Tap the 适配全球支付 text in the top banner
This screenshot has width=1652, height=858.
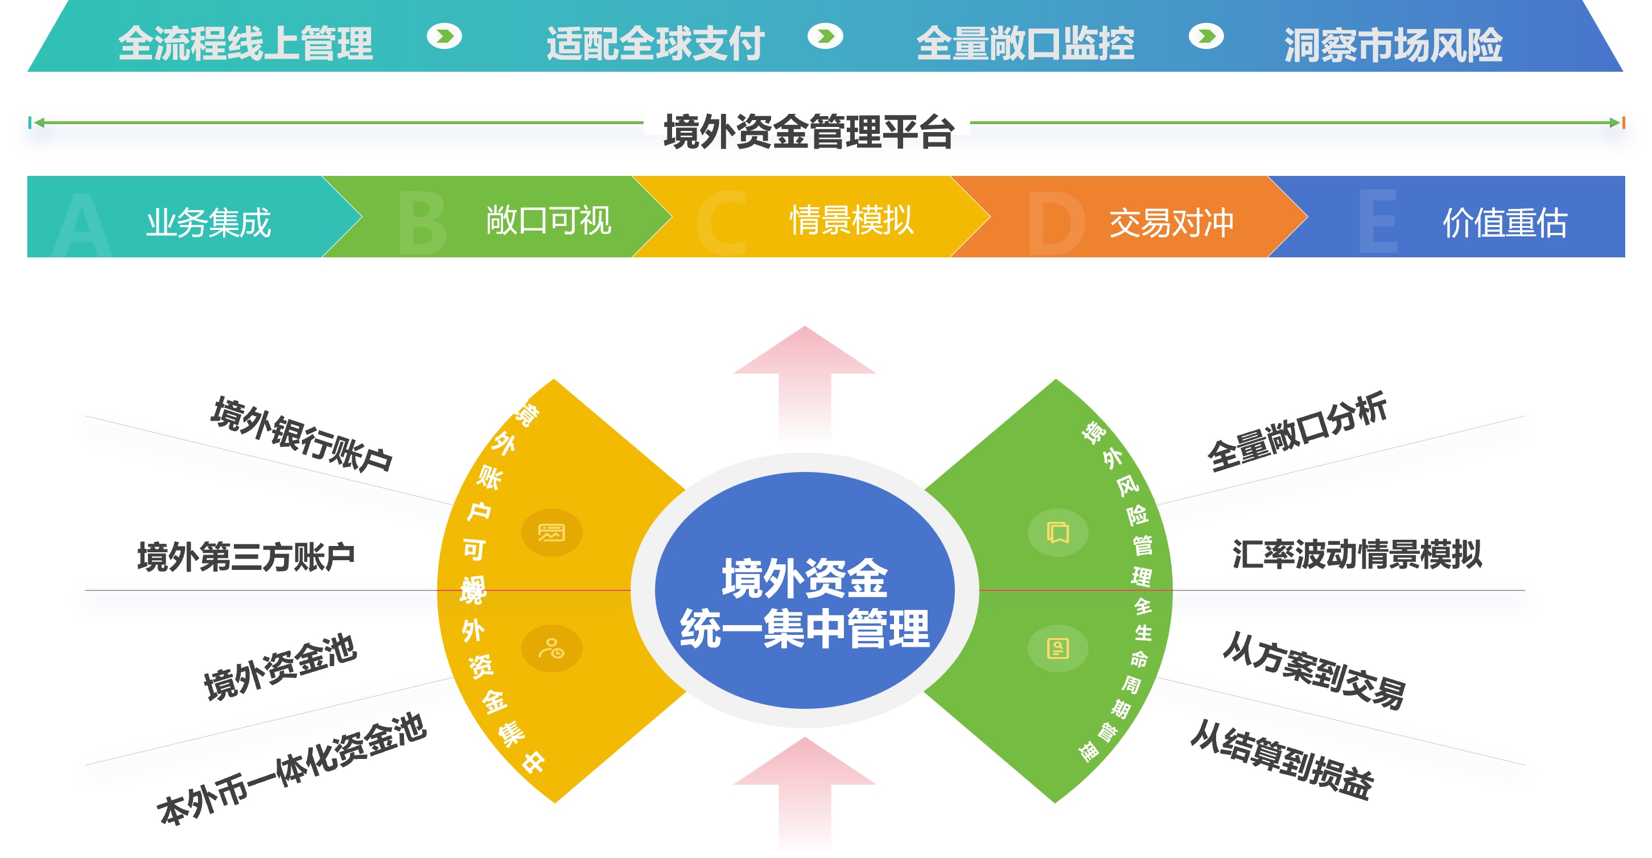(655, 44)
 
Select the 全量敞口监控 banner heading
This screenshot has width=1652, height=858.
(1025, 44)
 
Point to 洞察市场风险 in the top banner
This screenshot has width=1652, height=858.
(1393, 45)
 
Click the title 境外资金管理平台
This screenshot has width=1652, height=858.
(808, 132)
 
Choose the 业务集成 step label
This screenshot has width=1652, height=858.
(208, 223)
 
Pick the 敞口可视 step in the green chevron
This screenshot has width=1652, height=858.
(549, 221)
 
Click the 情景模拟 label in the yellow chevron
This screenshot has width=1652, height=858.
(851, 221)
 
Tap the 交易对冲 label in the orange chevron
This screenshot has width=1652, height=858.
(1171, 223)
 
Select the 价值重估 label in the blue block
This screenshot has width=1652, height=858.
(1505, 223)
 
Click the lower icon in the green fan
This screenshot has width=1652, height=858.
(1057, 648)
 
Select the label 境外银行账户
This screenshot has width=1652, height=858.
(302, 435)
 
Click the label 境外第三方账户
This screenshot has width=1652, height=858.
(246, 556)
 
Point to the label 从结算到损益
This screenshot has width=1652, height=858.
(1282, 761)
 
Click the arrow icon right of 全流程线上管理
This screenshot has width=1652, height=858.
(444, 36)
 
